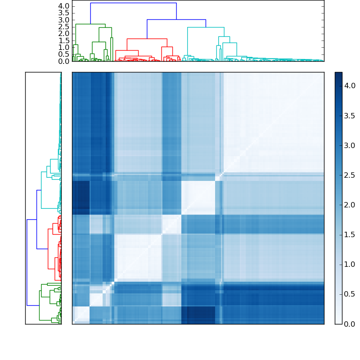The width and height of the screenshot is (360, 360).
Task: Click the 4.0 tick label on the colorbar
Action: pos(350,85)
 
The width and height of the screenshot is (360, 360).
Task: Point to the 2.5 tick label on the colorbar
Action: pos(350,175)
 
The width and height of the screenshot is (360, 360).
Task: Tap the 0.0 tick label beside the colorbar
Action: pos(350,324)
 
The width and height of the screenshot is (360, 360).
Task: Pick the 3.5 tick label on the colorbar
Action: pos(350,115)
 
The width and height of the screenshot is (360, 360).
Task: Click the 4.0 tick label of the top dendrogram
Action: pos(64,6)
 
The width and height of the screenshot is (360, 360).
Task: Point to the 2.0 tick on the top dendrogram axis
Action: pos(64,33)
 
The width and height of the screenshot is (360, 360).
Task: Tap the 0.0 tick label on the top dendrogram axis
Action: pos(64,61)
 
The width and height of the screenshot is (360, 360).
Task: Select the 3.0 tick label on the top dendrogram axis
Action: pos(64,20)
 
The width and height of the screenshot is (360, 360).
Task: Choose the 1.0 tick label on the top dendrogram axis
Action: pos(64,47)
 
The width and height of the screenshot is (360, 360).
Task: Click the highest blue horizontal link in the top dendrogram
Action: pos(133,3)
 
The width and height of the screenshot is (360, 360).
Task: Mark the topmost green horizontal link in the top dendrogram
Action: pos(90,24)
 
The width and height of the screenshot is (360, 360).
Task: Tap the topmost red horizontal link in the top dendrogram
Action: pos(147,39)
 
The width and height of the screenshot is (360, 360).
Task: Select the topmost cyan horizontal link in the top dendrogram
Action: pos(206,27)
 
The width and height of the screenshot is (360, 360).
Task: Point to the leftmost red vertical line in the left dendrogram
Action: pos(48,255)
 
